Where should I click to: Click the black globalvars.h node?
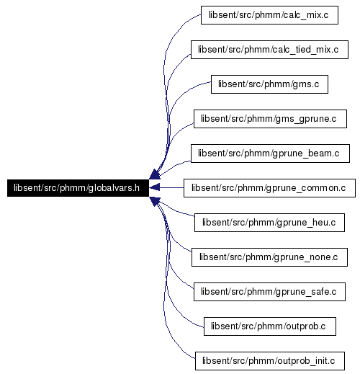tap(78, 188)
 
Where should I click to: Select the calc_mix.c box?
tap(269, 15)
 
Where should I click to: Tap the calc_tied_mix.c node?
tap(269, 50)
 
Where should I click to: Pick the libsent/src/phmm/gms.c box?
tap(269, 84)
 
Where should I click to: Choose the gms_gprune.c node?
tap(270, 119)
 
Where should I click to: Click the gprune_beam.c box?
tap(270, 153)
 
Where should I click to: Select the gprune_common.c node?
tap(269, 188)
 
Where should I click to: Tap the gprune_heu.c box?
tap(269, 223)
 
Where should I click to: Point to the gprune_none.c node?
tap(269, 257)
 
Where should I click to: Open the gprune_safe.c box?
tap(269, 292)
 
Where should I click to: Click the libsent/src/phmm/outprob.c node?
tap(270, 326)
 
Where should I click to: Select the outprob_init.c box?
tap(270, 361)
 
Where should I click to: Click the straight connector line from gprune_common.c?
tap(171, 187)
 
